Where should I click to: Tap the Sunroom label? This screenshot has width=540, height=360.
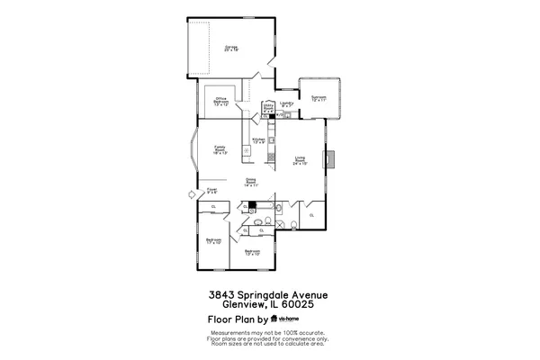[x=318, y=98]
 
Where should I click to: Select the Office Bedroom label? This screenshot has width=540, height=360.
[x=220, y=102]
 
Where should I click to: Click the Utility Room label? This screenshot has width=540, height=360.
[x=267, y=107]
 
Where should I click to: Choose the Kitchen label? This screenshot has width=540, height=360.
[x=258, y=140]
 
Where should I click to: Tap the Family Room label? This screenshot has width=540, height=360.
[x=219, y=149]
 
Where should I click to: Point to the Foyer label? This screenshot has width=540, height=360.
[x=212, y=190]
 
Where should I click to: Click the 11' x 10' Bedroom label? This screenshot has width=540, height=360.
[x=213, y=240]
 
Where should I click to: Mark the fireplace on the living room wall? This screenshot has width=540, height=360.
[x=331, y=159]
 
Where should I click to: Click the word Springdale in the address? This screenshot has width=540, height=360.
[x=268, y=294]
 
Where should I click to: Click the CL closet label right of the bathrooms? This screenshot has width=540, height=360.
[x=311, y=216]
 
